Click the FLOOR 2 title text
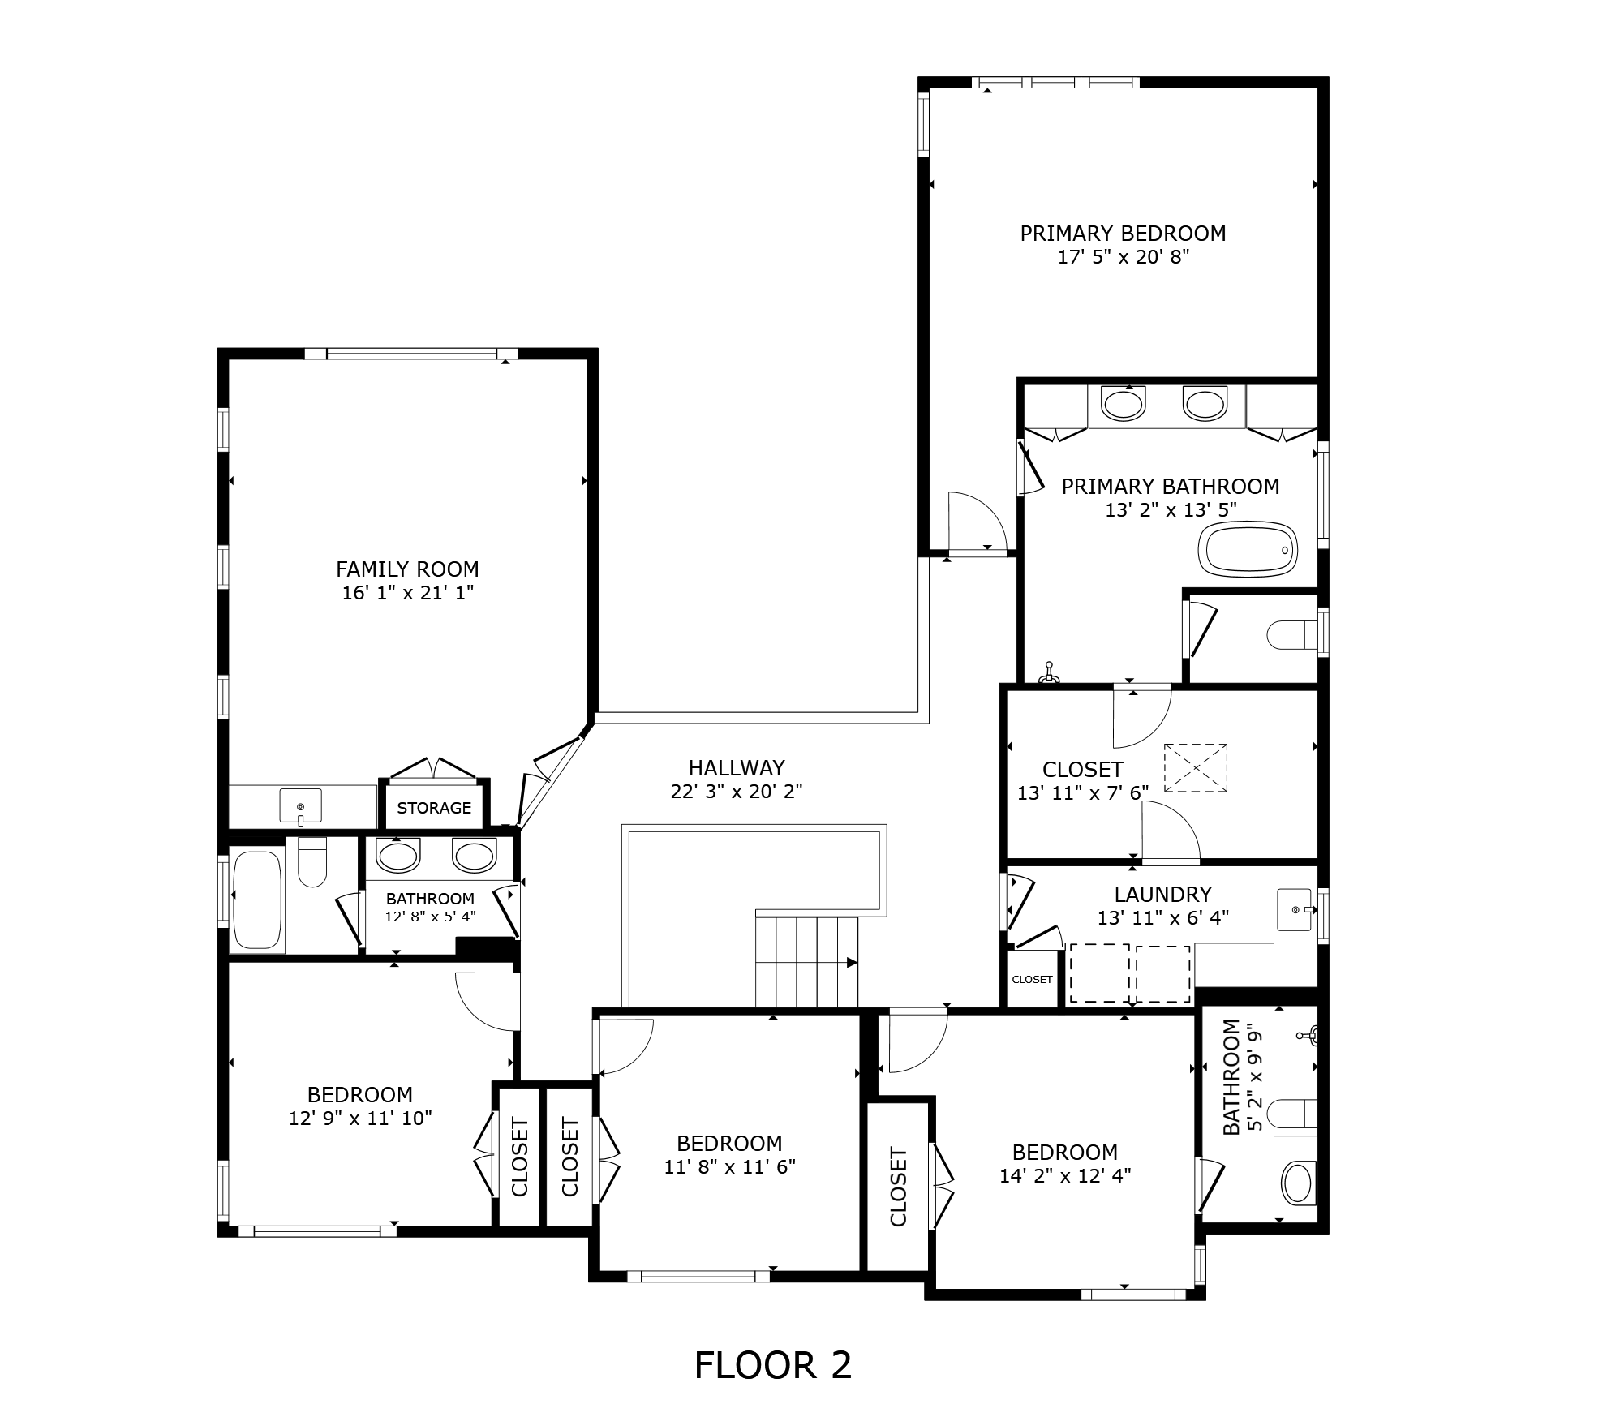coord(773,1365)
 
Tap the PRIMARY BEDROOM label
coord(1123,234)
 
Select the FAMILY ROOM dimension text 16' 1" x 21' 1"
coord(407,593)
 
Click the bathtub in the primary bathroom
coord(1248,549)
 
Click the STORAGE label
coord(434,808)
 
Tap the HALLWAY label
coord(737,767)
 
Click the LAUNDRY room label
coord(1162,894)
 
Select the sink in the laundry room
coord(1295,909)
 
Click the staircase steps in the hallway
coord(806,962)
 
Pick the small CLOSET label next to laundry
coord(1032,979)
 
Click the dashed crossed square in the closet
coord(1196,767)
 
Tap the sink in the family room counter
coord(300,806)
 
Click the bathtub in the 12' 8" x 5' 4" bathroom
coord(257,900)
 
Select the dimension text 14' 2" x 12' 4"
coord(1065,1175)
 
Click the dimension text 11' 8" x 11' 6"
coord(729,1166)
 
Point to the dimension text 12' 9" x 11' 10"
coord(360,1118)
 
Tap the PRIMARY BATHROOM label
coord(1171,487)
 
